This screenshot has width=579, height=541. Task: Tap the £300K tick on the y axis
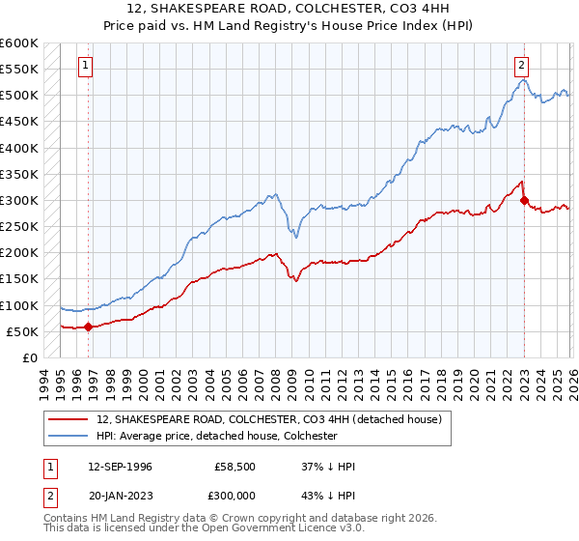click(19, 201)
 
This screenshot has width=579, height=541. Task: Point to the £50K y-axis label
click(22, 331)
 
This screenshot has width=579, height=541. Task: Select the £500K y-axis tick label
click(19, 96)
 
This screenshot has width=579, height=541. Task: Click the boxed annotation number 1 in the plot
click(86, 66)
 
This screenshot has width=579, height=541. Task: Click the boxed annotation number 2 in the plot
click(521, 66)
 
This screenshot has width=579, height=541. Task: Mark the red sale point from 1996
click(88, 327)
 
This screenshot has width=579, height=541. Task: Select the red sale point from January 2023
click(524, 201)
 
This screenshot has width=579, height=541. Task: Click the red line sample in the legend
click(69, 419)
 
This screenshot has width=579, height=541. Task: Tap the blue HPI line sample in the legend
click(69, 436)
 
